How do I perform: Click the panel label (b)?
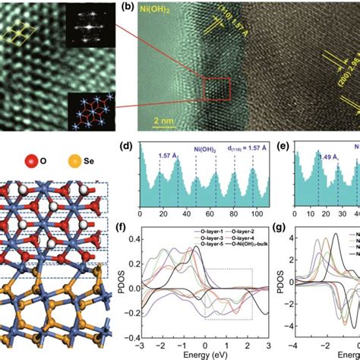128,9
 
